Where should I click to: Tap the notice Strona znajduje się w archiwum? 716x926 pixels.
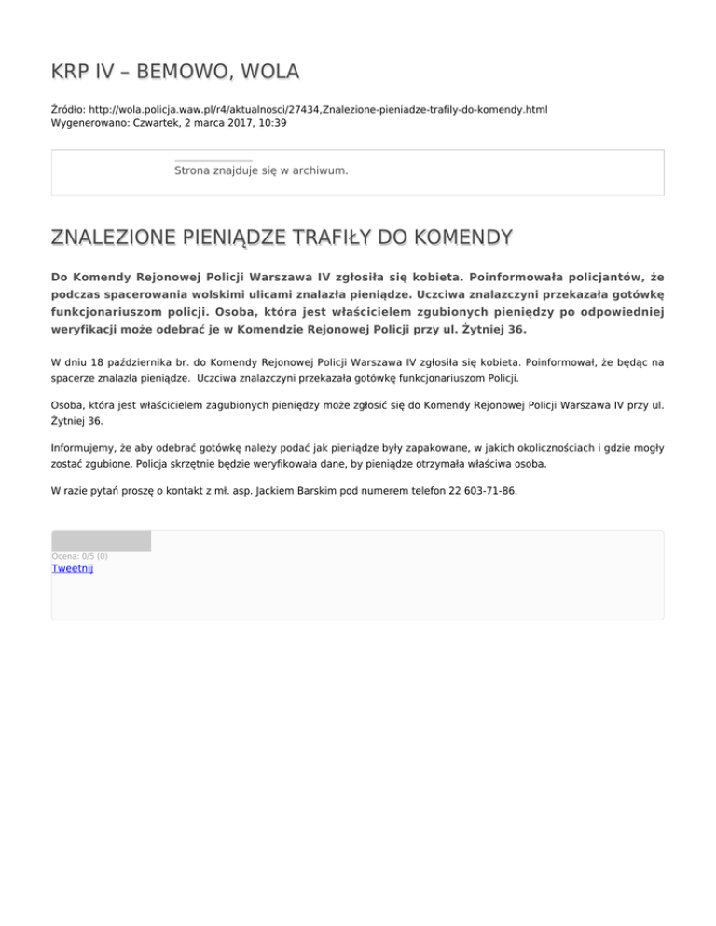[261, 171]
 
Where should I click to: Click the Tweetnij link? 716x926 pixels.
[72, 568]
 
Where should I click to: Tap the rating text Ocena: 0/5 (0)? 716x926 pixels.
[79, 556]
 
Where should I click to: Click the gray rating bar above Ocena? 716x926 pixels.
[101, 540]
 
